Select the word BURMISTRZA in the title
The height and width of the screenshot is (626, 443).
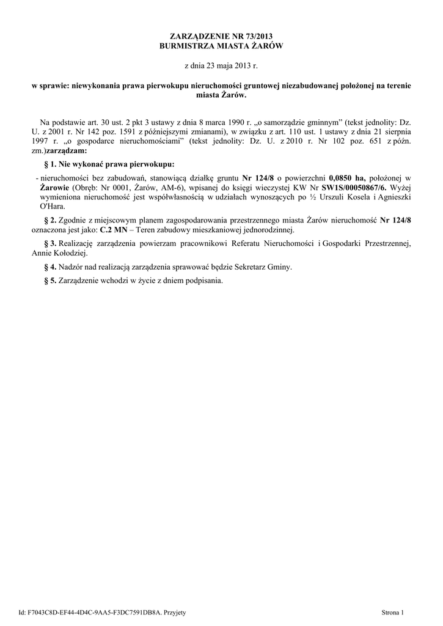[x=187, y=46]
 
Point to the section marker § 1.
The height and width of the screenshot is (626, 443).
[x=51, y=164]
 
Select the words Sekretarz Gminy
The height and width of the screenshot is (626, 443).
[x=263, y=267]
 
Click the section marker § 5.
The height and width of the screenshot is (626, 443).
[x=51, y=281]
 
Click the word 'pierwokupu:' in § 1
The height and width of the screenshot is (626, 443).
[x=149, y=164]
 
